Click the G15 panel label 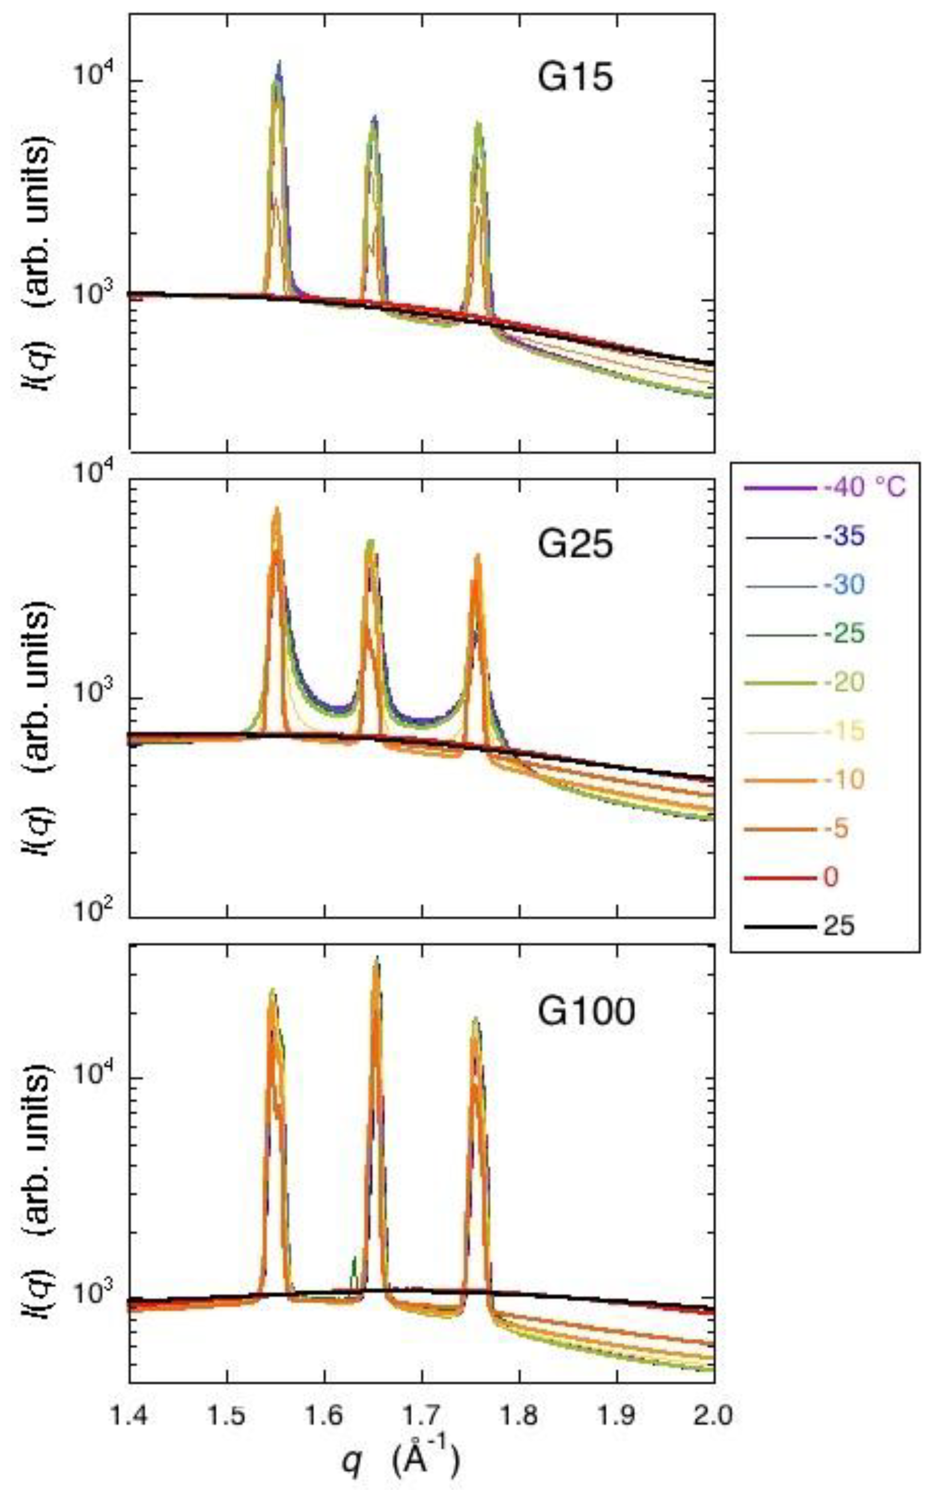coord(575,80)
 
